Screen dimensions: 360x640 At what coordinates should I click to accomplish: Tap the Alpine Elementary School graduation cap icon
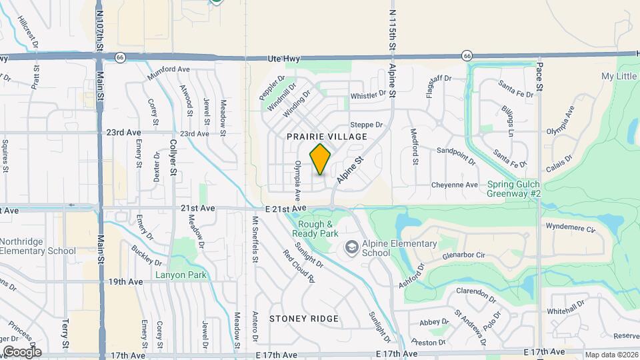(351, 248)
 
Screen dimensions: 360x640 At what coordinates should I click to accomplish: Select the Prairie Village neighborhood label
(327, 137)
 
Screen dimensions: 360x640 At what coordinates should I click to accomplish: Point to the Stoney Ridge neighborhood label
(303, 319)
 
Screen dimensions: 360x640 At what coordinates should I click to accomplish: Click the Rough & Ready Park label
(316, 229)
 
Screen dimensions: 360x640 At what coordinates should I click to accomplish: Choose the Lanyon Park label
(181, 275)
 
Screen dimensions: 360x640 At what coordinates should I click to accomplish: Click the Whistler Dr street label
(368, 95)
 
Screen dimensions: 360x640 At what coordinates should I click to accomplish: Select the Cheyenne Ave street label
(455, 185)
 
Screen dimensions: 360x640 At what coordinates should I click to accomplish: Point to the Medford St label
(414, 146)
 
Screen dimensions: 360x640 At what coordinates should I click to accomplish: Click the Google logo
(21, 351)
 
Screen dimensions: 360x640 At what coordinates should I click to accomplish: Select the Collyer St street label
(172, 157)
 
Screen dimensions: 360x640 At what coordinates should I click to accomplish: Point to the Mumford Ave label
(169, 73)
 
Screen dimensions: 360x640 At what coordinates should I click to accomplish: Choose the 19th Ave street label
(127, 282)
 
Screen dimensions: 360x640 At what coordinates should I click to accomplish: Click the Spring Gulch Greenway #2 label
(516, 189)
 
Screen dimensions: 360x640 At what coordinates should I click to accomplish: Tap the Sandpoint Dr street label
(456, 156)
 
